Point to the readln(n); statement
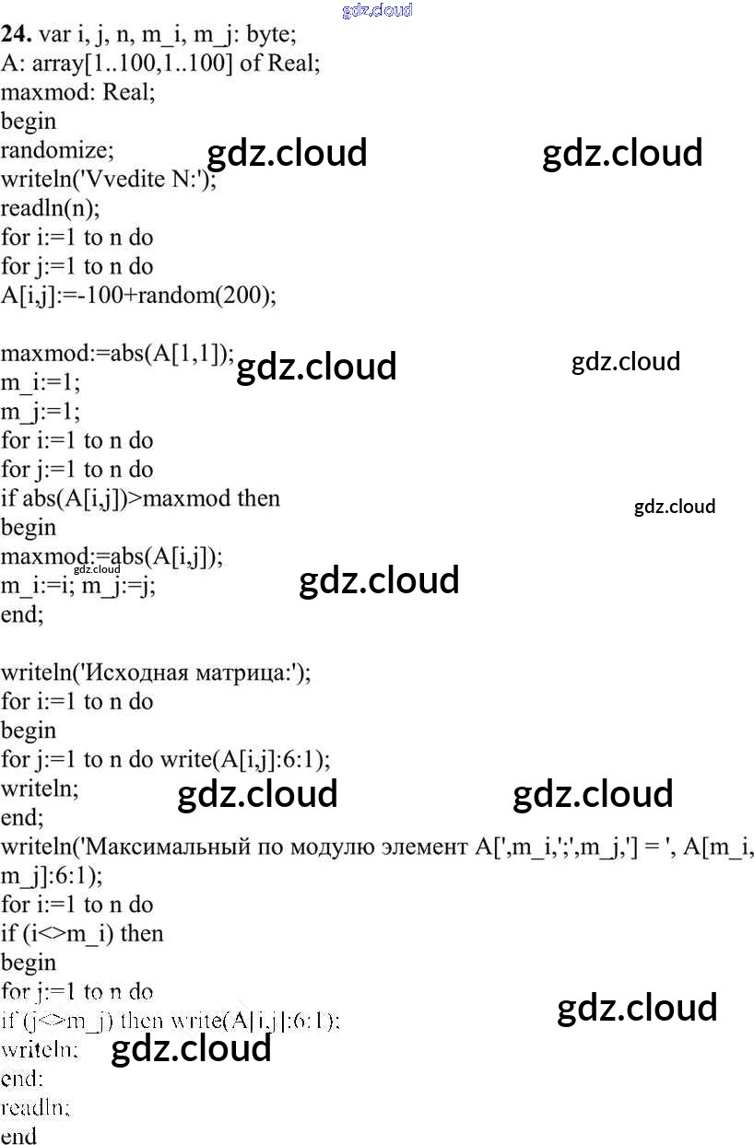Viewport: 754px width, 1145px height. pyautogui.click(x=50, y=208)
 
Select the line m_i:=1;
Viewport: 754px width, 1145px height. pyautogui.click(x=41, y=382)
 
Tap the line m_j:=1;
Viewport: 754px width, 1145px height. pyautogui.click(x=41, y=411)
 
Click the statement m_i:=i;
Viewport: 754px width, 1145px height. pyautogui.click(x=37, y=586)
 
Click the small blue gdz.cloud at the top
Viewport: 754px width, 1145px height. pyautogui.click(x=376, y=11)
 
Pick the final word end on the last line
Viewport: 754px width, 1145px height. pyautogui.click(x=18, y=1136)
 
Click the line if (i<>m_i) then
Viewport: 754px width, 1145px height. pyautogui.click(x=81, y=933)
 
